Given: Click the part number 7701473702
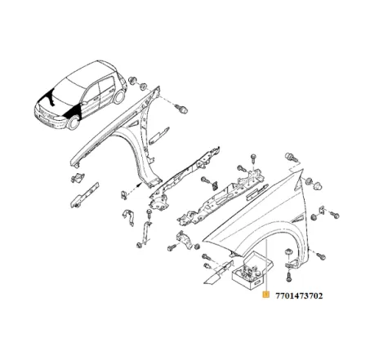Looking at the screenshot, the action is [299, 296].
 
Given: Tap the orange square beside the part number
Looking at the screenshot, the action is [265, 295].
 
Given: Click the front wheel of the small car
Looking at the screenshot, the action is [74, 122].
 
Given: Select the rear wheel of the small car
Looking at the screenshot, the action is [119, 97].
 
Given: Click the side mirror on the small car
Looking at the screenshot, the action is [84, 104].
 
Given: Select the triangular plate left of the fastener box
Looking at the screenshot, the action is [217, 273].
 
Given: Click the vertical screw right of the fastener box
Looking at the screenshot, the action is [288, 277].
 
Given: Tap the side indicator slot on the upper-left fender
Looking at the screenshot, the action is [133, 124].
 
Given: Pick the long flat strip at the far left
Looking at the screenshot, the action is [84, 195].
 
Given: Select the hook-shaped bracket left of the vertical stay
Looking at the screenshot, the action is [128, 217].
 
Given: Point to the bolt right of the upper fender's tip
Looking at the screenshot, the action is [182, 109].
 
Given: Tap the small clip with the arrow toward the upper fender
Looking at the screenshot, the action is [123, 195].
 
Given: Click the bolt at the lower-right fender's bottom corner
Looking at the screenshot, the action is [321, 256].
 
